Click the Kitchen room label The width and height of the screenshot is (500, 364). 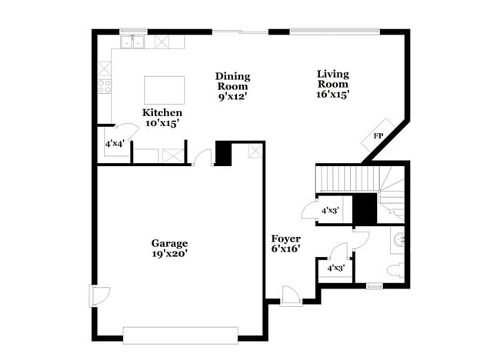click(x=162, y=112)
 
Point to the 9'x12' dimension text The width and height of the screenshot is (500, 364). click(x=232, y=98)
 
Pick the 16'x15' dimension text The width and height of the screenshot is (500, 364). click(x=332, y=95)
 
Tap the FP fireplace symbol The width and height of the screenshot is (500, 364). click(x=378, y=135)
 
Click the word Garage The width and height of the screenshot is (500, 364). click(x=169, y=243)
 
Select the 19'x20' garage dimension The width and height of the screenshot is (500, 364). click(x=169, y=253)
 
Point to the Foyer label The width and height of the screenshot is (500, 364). click(x=285, y=239)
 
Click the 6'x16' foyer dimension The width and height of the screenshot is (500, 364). click(x=285, y=249)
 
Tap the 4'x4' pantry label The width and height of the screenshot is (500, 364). click(x=115, y=143)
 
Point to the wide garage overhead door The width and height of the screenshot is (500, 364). click(x=181, y=336)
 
